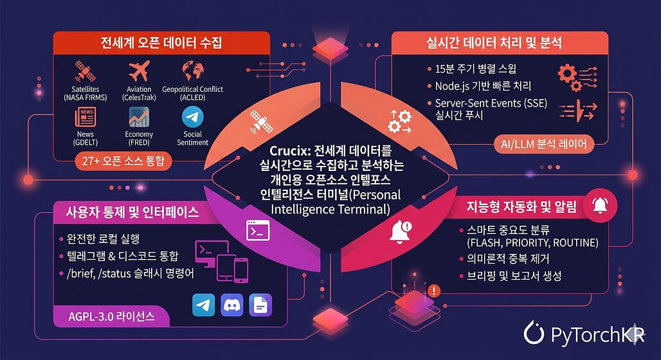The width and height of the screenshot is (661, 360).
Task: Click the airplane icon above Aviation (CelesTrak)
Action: point(139,71)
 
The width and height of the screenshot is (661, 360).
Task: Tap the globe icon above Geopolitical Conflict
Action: point(193,71)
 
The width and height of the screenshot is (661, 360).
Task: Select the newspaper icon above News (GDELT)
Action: point(86,117)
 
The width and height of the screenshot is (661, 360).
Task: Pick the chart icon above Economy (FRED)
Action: point(139,117)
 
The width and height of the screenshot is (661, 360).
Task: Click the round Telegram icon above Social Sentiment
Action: point(193,117)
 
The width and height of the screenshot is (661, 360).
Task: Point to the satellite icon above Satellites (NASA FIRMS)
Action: point(85,71)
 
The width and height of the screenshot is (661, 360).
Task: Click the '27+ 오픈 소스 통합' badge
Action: point(123,161)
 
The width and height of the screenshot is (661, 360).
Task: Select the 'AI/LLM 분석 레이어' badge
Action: point(544,144)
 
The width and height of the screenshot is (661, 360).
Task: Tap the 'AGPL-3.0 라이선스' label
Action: point(111,316)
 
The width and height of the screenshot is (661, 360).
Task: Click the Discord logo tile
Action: point(232,305)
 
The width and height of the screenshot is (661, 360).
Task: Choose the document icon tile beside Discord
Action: point(260,305)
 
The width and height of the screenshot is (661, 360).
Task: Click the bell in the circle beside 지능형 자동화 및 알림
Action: point(600,206)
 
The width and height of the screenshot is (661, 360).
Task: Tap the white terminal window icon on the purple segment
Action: point(258,230)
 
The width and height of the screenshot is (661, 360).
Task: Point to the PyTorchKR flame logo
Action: point(534,333)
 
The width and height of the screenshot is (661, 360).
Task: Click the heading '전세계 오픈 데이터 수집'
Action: point(161,43)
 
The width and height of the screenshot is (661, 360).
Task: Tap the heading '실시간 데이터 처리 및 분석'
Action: point(494,42)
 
